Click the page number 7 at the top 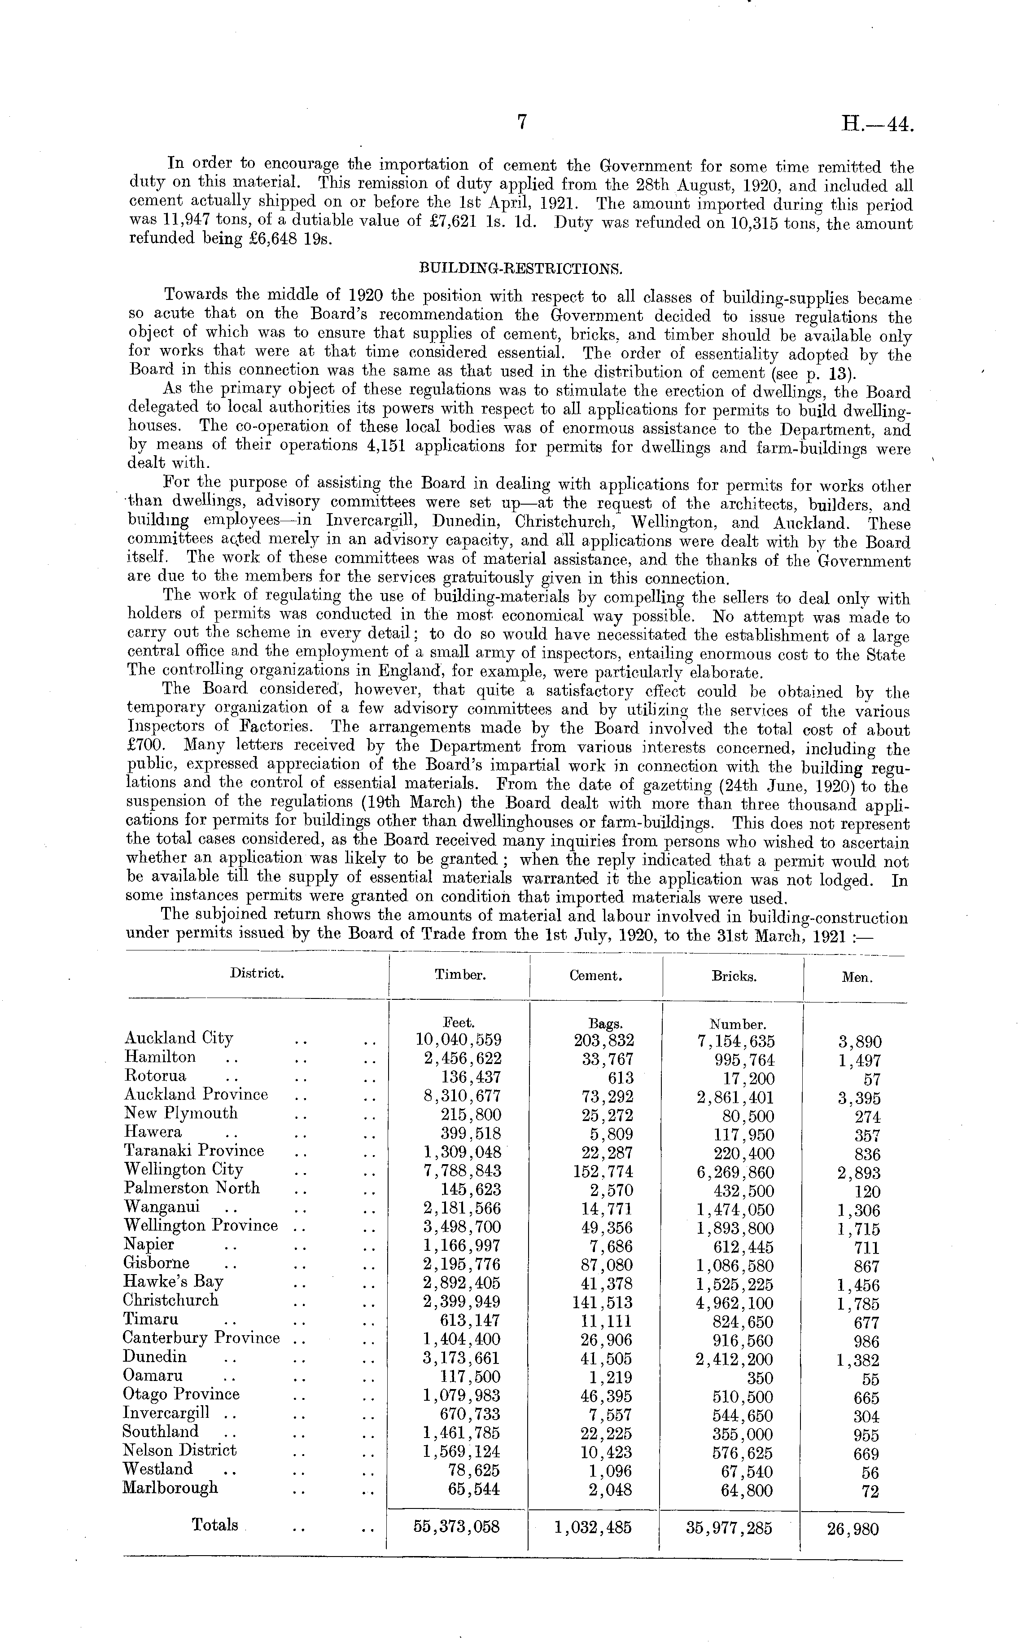point(522,122)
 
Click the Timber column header point(459,976)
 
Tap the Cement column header point(595,976)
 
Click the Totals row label point(215,1526)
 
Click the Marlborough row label point(170,1488)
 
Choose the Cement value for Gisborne point(608,1264)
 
